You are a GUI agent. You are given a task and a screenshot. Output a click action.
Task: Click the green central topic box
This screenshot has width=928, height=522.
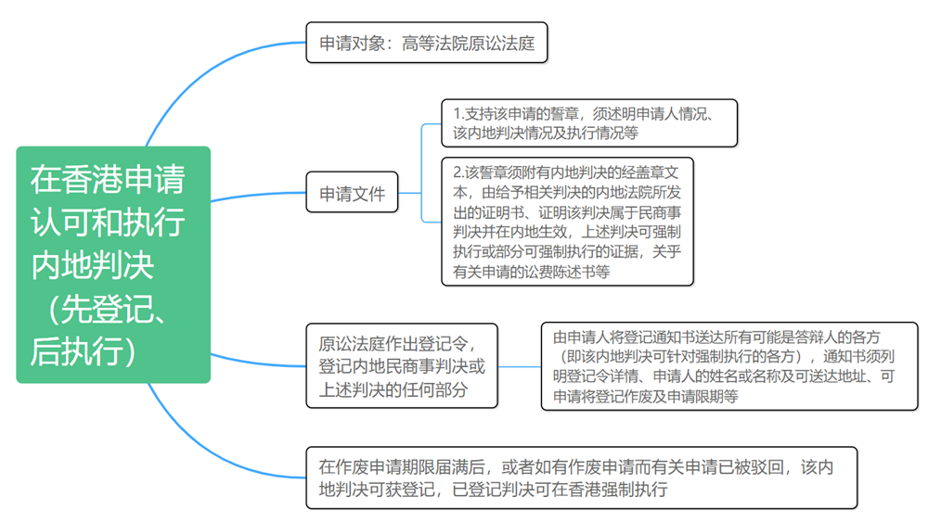pos(113,264)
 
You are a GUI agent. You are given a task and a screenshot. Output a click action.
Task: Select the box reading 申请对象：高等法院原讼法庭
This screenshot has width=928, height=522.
pos(427,43)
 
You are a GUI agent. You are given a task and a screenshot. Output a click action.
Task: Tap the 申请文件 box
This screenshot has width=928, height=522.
pos(352,192)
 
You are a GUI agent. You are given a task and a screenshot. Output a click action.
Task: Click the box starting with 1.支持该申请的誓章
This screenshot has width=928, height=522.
pos(589,123)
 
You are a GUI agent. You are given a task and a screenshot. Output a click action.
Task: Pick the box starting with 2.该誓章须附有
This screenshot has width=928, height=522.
pos(568,222)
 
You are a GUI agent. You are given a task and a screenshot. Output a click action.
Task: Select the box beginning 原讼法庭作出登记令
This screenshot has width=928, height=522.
pos(402,366)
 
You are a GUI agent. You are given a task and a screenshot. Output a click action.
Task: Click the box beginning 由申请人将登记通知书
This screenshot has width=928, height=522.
pos(729,366)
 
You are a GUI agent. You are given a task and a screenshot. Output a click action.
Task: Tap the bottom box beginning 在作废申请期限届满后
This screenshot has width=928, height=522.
pos(581,477)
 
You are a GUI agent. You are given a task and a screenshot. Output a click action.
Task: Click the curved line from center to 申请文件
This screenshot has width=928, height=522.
pos(258,194)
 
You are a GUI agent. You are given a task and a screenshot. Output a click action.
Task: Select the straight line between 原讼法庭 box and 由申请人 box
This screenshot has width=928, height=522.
pos(520,366)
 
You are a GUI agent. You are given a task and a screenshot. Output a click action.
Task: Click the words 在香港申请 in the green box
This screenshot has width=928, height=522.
pos(108,179)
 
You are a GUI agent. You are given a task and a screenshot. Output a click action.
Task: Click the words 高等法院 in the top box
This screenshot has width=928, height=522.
pos(434,44)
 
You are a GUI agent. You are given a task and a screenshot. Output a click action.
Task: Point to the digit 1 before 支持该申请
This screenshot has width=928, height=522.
pos(457,113)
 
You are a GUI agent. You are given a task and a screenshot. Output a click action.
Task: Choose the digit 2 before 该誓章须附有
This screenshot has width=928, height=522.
pos(458,172)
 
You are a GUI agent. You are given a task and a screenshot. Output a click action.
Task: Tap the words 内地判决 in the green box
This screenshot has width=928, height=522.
pos(92,265)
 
